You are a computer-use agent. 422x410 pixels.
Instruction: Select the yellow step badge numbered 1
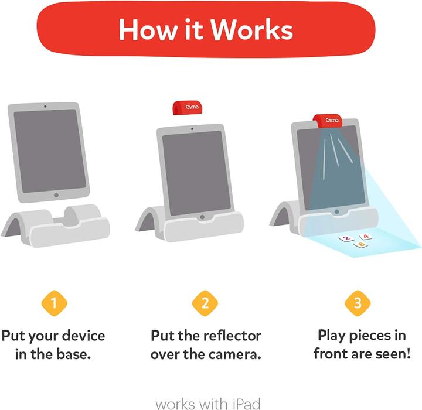[54, 303]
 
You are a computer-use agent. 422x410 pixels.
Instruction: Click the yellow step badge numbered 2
[205, 303]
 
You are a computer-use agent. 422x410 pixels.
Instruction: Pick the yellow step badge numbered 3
[357, 303]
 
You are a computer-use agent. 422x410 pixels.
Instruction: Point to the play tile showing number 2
[347, 238]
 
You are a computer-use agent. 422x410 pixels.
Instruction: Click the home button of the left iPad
[56, 195]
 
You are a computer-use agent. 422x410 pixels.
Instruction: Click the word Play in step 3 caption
[333, 336]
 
